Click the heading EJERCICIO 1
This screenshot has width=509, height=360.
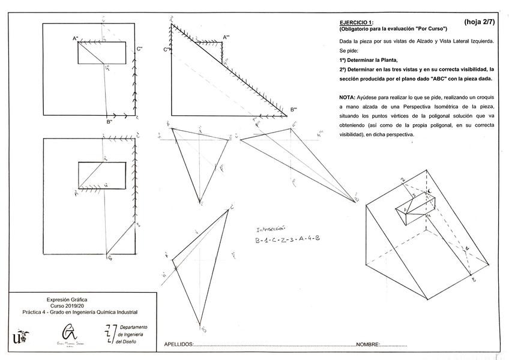[x=356, y=23]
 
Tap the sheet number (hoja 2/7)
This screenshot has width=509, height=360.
[x=479, y=22]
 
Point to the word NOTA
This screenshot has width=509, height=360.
[x=347, y=97]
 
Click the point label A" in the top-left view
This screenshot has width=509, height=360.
[x=76, y=39]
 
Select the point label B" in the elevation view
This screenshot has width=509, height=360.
[x=109, y=122]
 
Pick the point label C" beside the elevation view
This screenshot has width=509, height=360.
[x=139, y=49]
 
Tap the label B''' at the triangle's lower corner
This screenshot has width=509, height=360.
[x=294, y=109]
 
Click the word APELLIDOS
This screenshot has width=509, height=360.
[x=178, y=344]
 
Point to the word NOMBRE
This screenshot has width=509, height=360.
[x=367, y=344]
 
